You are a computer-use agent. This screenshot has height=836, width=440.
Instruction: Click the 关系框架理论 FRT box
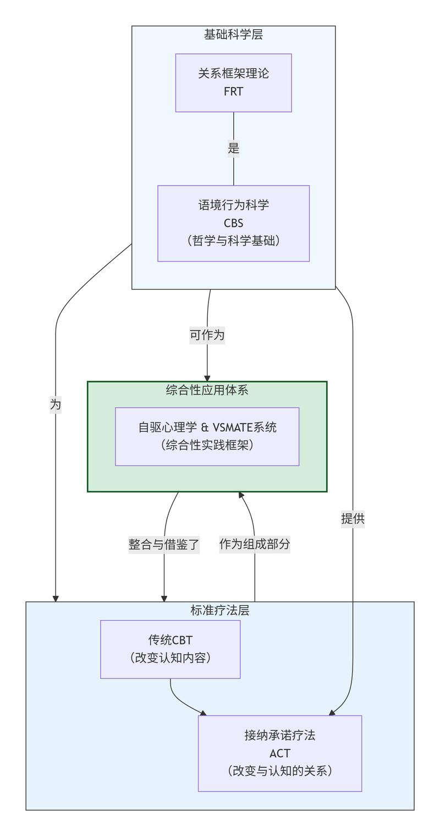pos(233,83)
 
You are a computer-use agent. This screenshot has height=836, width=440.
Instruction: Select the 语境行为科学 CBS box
pos(233,223)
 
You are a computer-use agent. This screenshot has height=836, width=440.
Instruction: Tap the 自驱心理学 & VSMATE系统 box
pos(207,436)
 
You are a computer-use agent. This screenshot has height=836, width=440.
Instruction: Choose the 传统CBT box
pos(170,649)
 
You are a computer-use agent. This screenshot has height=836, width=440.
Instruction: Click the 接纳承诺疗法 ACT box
pos(279,753)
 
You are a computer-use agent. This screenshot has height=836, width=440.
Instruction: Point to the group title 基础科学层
pos(233,34)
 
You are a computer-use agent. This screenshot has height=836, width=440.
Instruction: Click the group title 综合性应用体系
pos(207,390)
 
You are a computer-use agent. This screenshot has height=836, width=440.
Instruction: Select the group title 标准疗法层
pos(219,610)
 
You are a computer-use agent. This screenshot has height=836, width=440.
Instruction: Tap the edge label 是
pos(233,148)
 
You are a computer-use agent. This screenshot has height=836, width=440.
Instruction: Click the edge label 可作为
pos(207,335)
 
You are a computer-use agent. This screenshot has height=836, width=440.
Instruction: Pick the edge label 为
pos(56,405)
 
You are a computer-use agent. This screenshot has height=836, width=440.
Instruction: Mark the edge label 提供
pos(353,518)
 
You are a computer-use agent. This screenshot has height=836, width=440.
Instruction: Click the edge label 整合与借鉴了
pos(164,544)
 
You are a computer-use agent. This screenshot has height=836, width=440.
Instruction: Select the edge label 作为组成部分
pos(255,544)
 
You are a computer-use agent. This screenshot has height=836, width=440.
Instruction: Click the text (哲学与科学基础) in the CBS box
pos(233,241)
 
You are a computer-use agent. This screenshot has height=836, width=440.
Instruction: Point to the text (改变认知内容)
pos(170,658)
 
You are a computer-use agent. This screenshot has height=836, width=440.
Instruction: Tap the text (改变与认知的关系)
pos(279,770)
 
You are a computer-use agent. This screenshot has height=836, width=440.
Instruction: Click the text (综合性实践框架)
pos(207,445)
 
